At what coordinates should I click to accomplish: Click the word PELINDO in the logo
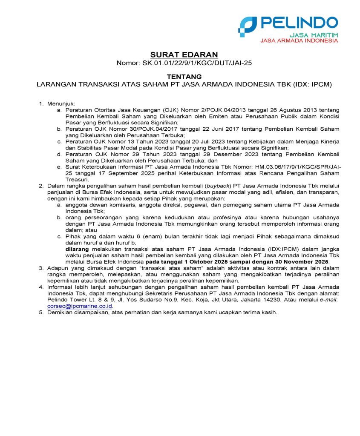pyautogui.click(x=298, y=23)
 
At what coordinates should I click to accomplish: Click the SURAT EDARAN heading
pyautogui.click(x=184, y=54)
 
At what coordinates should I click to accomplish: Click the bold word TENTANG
pyautogui.click(x=184, y=76)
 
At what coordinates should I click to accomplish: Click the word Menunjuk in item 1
pyautogui.click(x=61, y=103)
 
